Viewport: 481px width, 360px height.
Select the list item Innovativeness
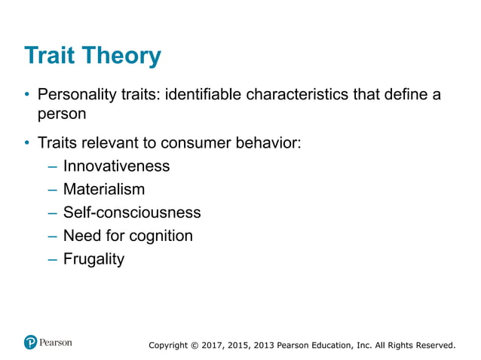pyautogui.click(x=116, y=166)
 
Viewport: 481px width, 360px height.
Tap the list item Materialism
pyautogui.click(x=104, y=189)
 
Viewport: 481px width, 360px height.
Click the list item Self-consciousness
pyautogui.click(x=132, y=212)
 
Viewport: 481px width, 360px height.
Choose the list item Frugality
pyautogui.click(x=93, y=260)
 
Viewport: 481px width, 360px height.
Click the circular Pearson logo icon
pyautogui.click(x=30, y=342)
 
